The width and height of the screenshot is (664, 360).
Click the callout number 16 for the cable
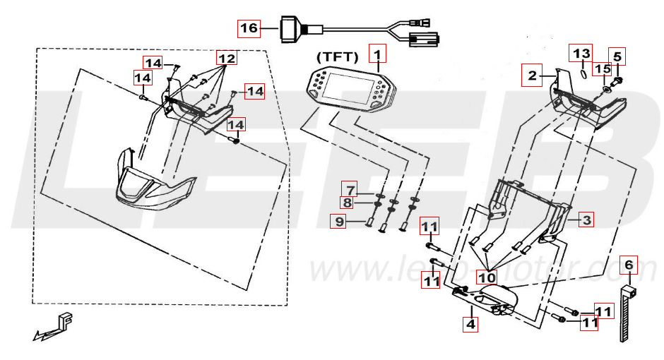click(249, 28)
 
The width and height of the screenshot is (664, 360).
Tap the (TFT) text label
click(338, 56)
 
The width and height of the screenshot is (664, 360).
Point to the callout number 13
click(581, 54)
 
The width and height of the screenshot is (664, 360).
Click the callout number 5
click(617, 56)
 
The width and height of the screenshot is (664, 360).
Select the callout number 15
click(601, 69)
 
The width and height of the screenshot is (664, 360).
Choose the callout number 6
click(629, 265)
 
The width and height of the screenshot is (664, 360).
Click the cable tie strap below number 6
click(627, 314)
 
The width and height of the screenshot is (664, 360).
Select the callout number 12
click(226, 57)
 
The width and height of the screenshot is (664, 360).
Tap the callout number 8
click(348, 203)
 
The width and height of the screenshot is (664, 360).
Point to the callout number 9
click(340, 222)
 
